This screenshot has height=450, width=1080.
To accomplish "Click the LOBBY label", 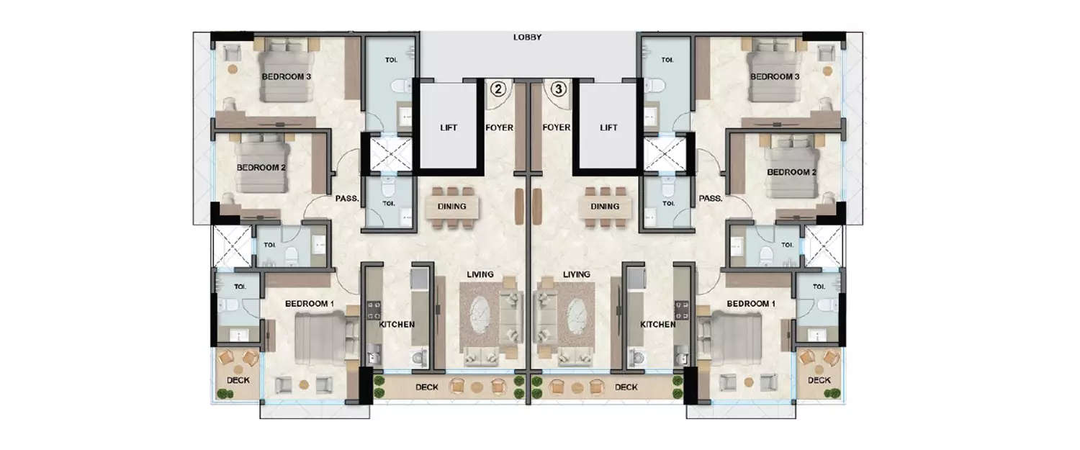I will [x=527, y=37].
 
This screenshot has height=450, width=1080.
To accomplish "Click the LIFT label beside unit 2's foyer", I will [x=449, y=127].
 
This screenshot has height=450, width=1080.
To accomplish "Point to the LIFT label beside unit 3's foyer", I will [x=608, y=127].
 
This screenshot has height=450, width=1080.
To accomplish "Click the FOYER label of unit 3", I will [x=557, y=127].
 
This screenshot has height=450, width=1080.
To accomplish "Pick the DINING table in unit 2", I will [x=451, y=206].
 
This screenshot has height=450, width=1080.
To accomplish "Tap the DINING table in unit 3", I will [x=605, y=206].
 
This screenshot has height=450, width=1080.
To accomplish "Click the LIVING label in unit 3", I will [x=577, y=274].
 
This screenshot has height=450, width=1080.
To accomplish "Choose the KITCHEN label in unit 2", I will [x=397, y=325].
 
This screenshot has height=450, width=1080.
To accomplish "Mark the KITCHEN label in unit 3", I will [x=658, y=325].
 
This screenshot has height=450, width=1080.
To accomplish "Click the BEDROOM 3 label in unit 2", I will [x=287, y=76].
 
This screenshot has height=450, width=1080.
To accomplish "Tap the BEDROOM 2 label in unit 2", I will [x=262, y=168].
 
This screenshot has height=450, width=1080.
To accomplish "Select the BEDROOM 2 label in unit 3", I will [x=791, y=172].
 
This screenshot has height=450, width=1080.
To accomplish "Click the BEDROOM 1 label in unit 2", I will [x=310, y=304].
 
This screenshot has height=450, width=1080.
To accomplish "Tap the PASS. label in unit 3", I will [x=710, y=199].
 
